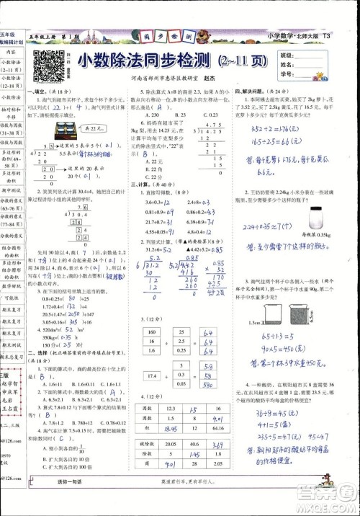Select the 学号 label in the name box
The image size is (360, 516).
[286, 74]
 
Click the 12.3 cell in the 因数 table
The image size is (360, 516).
[171, 409]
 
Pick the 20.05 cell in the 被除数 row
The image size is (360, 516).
[170, 445]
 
